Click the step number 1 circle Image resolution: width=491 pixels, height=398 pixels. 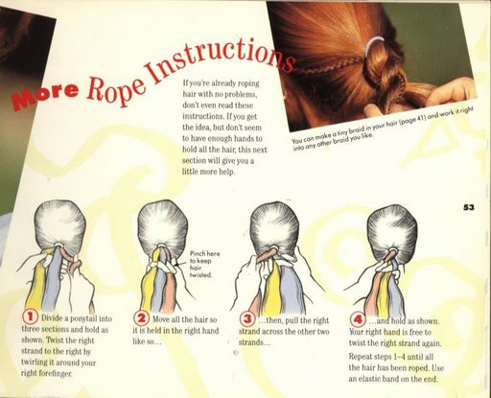30,317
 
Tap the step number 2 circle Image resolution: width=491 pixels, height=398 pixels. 141,318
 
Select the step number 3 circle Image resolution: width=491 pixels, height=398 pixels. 247,319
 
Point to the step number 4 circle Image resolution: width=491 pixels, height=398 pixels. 358,319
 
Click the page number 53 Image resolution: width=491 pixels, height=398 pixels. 469,207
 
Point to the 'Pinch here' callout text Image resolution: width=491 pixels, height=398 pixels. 204,264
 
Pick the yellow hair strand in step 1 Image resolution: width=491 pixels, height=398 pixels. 35,285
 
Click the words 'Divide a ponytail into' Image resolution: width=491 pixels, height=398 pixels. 77,318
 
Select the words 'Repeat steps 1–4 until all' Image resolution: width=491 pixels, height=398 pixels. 391,356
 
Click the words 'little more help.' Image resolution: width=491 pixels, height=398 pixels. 208,172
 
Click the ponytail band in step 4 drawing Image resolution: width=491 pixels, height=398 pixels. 392,249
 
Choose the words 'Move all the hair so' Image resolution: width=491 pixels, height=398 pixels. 185,319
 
